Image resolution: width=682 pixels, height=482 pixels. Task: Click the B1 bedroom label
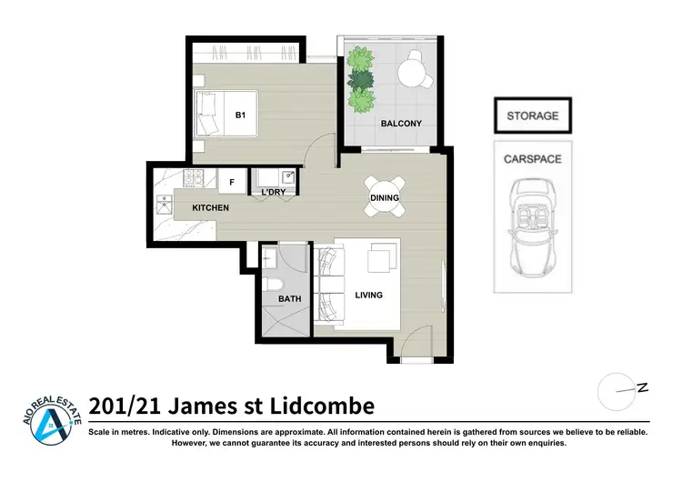[x=240, y=115]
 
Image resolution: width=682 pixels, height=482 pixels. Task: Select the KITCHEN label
[x=210, y=208]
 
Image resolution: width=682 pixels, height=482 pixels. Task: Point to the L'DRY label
[x=274, y=193]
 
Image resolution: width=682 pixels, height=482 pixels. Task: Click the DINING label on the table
[x=385, y=197]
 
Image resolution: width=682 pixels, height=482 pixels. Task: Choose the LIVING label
[x=369, y=295]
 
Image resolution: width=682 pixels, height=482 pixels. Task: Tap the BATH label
[x=289, y=298]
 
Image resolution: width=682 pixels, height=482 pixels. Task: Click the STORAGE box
[x=533, y=115]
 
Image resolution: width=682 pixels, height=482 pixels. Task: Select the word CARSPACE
[x=532, y=159]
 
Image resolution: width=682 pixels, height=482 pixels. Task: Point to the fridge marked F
[x=232, y=182]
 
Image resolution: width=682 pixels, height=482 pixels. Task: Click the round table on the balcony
[x=415, y=67]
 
